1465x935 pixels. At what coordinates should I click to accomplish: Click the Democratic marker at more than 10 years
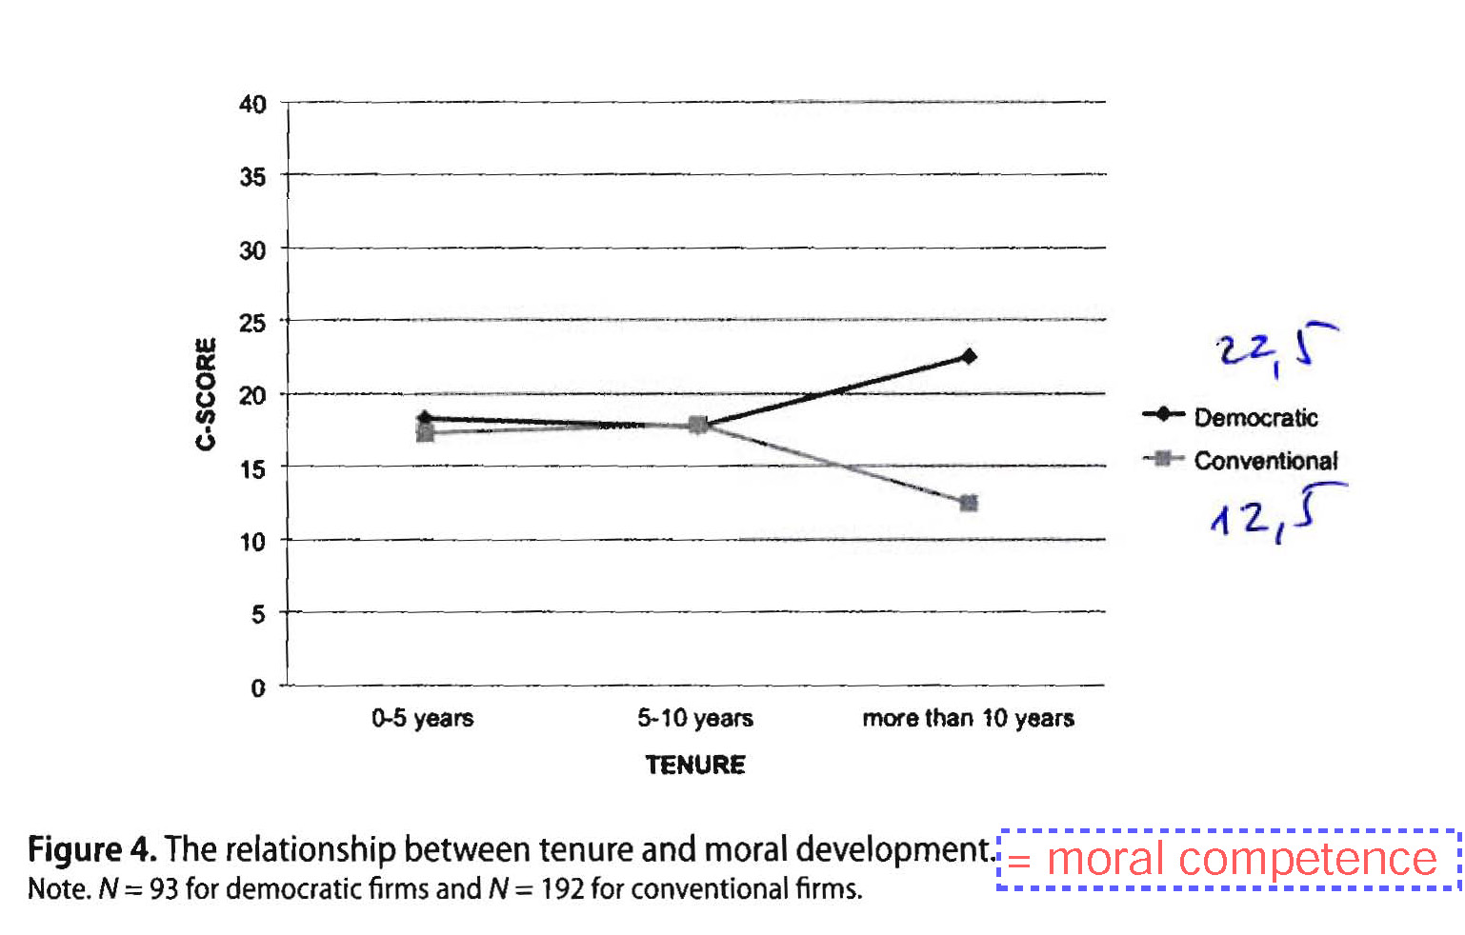point(969,357)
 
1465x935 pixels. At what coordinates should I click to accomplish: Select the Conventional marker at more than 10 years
point(969,503)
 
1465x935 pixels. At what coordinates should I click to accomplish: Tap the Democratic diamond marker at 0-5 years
point(425,418)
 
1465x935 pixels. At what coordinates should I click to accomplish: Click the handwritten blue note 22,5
point(1275,348)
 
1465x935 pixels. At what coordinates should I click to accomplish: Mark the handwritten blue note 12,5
point(1275,514)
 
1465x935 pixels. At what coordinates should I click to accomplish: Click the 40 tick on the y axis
point(252,104)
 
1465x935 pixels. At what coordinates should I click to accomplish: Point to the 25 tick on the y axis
point(252,323)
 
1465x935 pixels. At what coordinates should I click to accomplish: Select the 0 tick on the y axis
point(258,687)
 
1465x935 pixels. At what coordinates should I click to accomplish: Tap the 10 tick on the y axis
point(252,542)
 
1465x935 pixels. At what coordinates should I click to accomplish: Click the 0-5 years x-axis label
point(423,718)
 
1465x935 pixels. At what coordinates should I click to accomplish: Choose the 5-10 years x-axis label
point(695,718)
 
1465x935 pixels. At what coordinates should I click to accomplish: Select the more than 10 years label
point(968,718)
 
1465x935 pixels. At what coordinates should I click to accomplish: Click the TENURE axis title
point(695,765)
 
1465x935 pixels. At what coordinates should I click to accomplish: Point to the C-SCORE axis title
point(206,393)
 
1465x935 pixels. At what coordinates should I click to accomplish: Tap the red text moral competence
point(1241,860)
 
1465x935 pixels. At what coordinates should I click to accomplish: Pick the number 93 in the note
point(164,889)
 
